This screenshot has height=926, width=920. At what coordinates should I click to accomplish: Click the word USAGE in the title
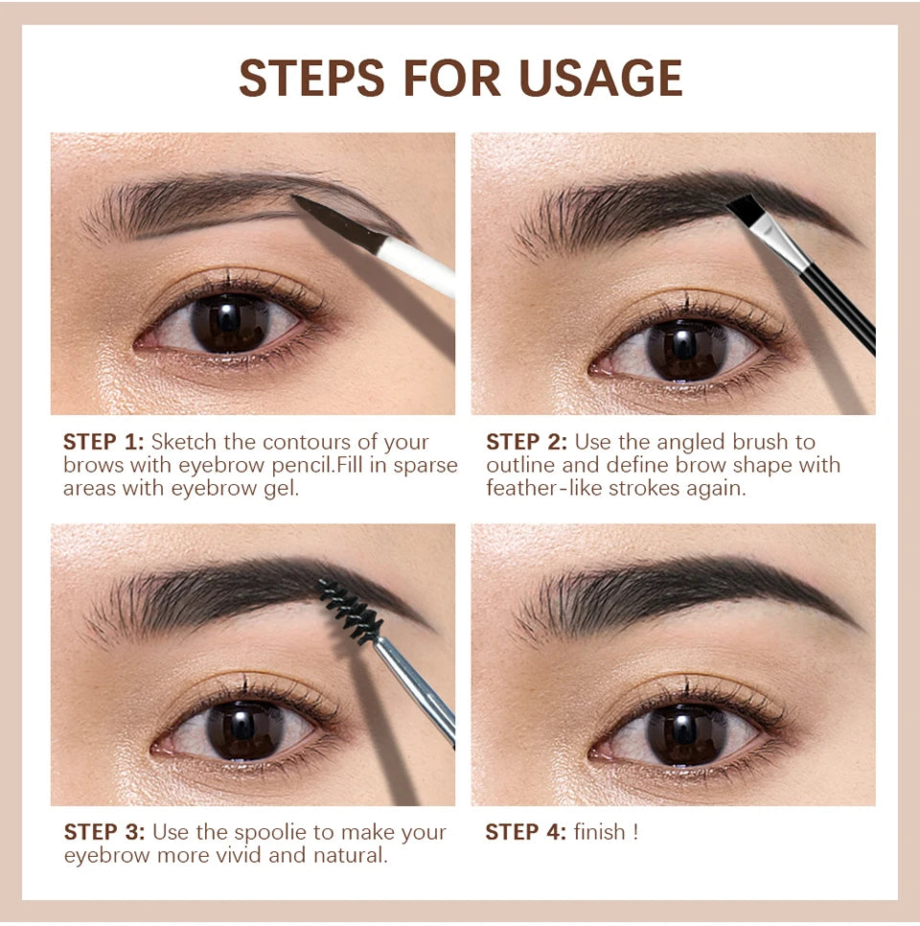601,78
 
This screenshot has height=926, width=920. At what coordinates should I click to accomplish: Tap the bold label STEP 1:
103,442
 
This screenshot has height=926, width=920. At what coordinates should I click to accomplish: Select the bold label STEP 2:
526,442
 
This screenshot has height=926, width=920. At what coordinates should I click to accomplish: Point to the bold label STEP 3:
103,831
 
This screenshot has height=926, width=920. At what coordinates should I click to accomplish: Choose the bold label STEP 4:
526,831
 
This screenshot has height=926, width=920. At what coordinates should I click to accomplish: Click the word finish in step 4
600,831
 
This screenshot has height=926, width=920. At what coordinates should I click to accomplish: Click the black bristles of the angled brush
744,210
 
